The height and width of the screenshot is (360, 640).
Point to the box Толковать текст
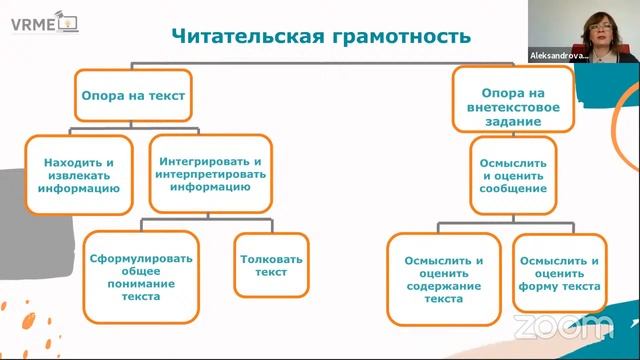[264, 265]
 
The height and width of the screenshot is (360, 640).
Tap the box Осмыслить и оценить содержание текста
[443, 277]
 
